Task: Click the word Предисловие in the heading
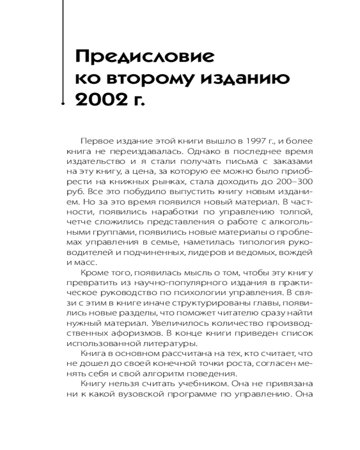(144, 57)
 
